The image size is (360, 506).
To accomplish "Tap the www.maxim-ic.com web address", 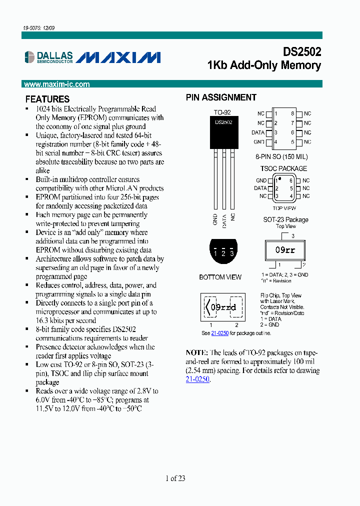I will (x=56, y=84).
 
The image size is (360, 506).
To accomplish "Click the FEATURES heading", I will (x=47, y=99).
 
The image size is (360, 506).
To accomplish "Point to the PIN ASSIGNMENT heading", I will (x=221, y=97).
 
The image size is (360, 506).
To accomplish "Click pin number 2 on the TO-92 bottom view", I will (x=223, y=253).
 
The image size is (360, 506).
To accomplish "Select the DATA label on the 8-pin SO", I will (x=258, y=132).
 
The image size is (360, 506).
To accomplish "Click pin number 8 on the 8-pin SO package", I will (x=293, y=114).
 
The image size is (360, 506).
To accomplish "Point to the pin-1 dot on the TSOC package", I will (x=279, y=178).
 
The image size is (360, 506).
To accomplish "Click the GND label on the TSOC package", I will (x=261, y=180).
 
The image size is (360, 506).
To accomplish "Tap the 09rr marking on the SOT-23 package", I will (x=285, y=250).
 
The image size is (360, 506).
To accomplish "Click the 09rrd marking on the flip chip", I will (x=223, y=307).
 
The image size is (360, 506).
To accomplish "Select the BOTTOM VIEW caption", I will (x=220, y=277).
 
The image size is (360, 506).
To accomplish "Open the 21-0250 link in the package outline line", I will (x=220, y=333).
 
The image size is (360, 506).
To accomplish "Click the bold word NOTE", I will (x=196, y=352).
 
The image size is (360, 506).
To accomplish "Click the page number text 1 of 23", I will (x=175, y=478).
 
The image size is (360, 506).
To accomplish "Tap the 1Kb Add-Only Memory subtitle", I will (x=264, y=65).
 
